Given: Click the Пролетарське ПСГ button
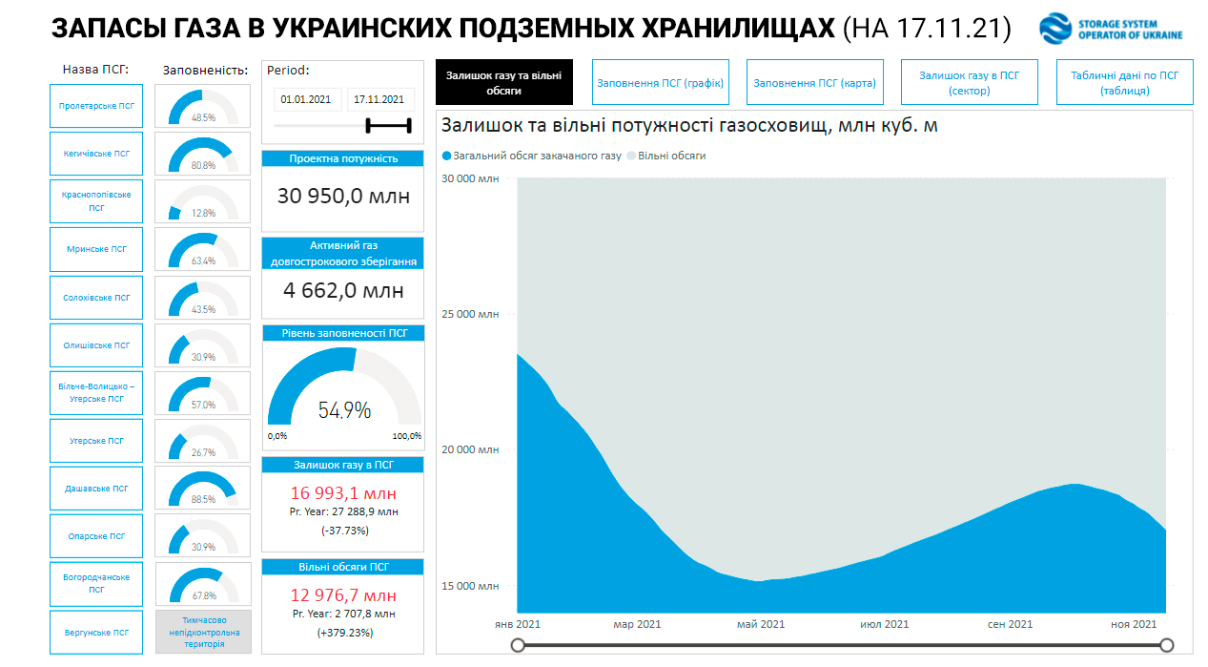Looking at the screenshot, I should (95, 105).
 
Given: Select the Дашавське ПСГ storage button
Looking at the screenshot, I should (95, 489).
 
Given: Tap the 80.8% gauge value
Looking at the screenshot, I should (203, 165).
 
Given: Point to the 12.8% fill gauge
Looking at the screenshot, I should (202, 201).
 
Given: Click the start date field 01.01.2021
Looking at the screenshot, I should (305, 99).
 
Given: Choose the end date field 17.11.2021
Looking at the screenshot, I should (379, 99).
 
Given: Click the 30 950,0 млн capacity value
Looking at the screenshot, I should (343, 197).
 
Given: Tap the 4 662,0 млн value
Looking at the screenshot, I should (343, 290).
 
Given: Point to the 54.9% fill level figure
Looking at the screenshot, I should (344, 410).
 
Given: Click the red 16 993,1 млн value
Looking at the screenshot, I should (343, 492).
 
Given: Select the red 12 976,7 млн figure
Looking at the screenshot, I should (343, 594).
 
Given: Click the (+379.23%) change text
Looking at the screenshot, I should (343, 632).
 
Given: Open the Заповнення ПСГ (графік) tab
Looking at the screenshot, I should (661, 83).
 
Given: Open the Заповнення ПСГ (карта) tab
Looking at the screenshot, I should (814, 83).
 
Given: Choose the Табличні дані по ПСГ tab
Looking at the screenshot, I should (1125, 83).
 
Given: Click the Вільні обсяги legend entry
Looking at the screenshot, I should (671, 156).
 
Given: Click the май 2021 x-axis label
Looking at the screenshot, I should (760, 624).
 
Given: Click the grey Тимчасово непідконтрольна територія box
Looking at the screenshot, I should (203, 632).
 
